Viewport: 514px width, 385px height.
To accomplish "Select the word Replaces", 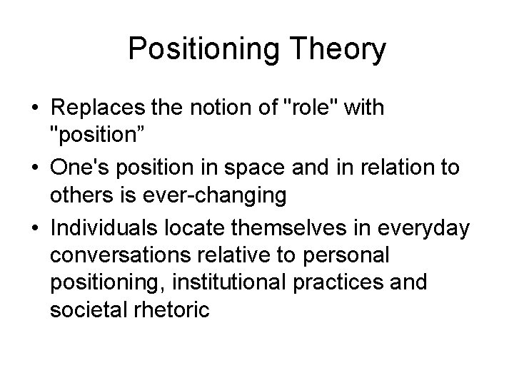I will click(94, 108).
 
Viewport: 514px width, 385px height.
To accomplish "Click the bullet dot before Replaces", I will click(34, 109).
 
